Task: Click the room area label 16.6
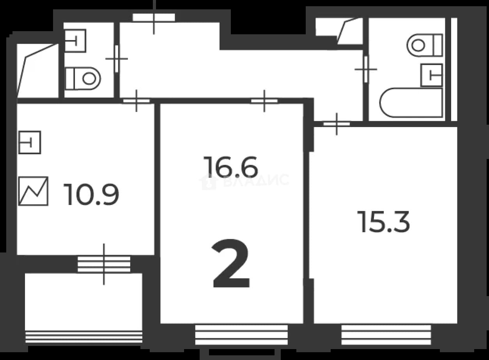[x=230, y=167]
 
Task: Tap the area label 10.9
[x=91, y=194]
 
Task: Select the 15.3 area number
[x=384, y=222]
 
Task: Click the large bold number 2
[x=231, y=263]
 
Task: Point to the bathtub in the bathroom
[x=411, y=103]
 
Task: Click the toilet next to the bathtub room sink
[x=425, y=45]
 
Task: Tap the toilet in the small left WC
[x=83, y=78]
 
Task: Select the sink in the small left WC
[x=75, y=41]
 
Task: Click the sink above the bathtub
[x=432, y=75]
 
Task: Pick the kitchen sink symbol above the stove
[x=30, y=142]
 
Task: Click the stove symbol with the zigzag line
[x=34, y=191]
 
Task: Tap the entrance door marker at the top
[x=154, y=18]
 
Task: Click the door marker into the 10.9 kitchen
[x=136, y=101]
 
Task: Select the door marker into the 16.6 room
[x=264, y=101]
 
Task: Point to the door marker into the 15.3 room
[x=337, y=124]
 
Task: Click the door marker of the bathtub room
[x=366, y=69]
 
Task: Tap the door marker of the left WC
[x=117, y=59]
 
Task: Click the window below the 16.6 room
[x=241, y=335]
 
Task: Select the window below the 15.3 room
[x=386, y=335]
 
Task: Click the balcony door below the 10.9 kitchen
[x=104, y=264]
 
